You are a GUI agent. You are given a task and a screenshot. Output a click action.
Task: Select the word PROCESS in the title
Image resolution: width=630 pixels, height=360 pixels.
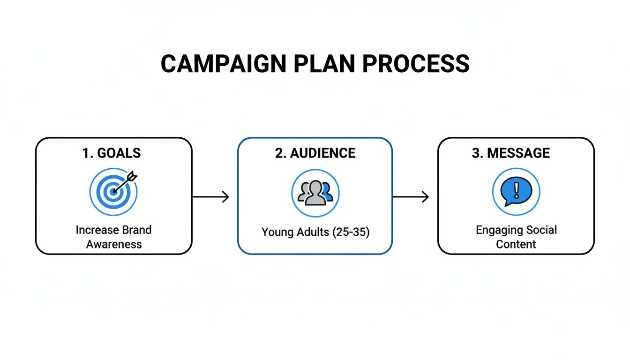click(x=416, y=64)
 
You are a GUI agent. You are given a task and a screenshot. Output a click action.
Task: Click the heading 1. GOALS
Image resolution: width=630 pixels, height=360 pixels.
click(x=112, y=153)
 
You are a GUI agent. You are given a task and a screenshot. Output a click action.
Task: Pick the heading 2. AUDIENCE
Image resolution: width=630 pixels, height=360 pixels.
click(x=315, y=153)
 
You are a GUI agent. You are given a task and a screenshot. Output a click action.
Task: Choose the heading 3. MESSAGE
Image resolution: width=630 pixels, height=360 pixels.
click(x=511, y=153)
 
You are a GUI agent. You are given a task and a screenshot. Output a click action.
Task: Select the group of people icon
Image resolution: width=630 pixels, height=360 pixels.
click(x=315, y=193)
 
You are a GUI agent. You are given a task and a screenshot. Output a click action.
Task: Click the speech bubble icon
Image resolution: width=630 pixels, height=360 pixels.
click(x=516, y=192)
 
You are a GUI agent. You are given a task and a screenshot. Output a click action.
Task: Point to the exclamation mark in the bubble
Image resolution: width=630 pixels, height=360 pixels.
click(x=517, y=190)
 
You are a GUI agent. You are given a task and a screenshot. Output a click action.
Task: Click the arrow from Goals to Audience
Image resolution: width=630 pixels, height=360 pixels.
click(x=210, y=197)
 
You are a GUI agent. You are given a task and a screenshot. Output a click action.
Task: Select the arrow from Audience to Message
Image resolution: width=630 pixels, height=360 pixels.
click(x=411, y=197)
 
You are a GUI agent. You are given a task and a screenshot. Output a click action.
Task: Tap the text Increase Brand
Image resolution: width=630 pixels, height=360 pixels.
click(x=113, y=230)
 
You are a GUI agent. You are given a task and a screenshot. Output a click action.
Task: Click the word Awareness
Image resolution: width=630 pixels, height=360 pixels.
click(x=113, y=244)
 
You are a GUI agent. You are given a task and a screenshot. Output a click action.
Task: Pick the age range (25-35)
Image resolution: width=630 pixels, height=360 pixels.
click(x=351, y=232)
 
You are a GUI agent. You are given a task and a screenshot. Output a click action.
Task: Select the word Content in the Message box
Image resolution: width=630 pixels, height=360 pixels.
click(x=516, y=244)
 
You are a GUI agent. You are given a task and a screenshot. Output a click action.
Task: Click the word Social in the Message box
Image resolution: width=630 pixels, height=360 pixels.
click(x=540, y=230)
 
